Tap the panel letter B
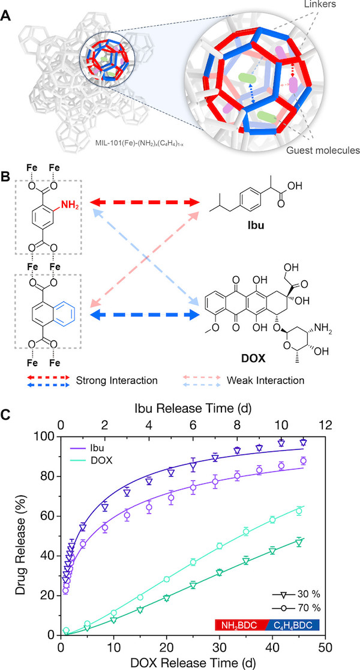(7, 177)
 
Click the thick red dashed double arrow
(145, 201)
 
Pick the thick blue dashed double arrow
(145, 316)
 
